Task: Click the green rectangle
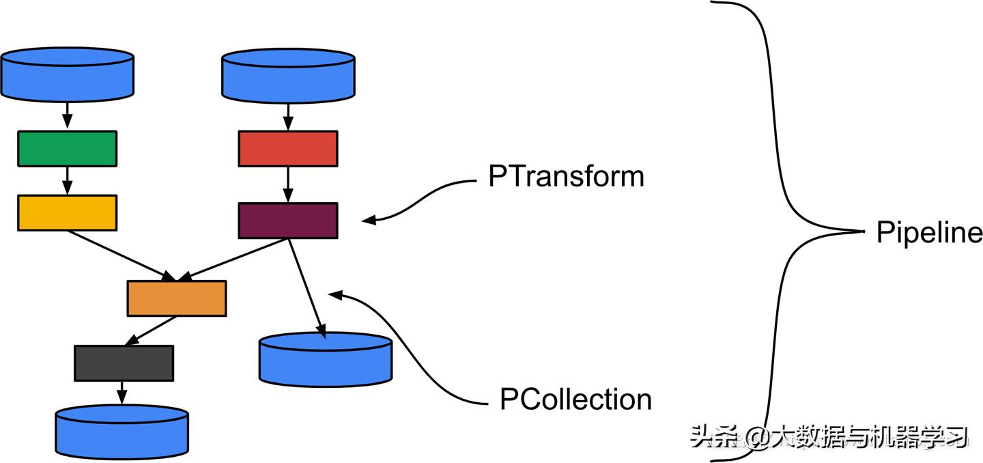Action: [67, 148]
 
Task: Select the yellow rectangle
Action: [67, 212]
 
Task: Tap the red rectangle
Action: [287, 148]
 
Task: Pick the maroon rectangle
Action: [287, 221]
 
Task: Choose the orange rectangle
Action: [176, 298]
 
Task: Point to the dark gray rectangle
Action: [124, 363]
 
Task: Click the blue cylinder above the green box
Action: [67, 74]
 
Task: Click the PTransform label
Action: [566, 177]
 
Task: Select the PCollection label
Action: [575, 399]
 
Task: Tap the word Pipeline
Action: [929, 234]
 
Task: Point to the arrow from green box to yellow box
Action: [67, 180]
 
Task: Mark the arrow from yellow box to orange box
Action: [119, 255]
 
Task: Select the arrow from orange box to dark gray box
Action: [152, 331]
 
